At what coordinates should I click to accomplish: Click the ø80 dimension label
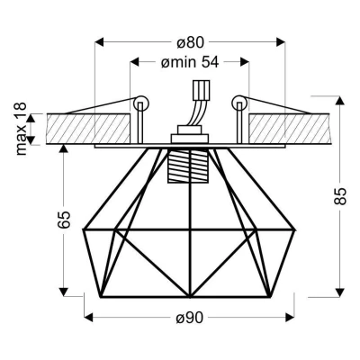[x=189, y=41]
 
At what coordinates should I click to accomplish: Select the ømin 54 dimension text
[x=189, y=62]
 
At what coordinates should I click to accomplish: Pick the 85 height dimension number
[x=340, y=198]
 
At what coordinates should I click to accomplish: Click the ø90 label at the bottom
[x=189, y=318]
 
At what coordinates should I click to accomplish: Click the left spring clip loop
[x=139, y=104]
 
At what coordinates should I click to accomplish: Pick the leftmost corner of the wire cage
[x=83, y=230]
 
